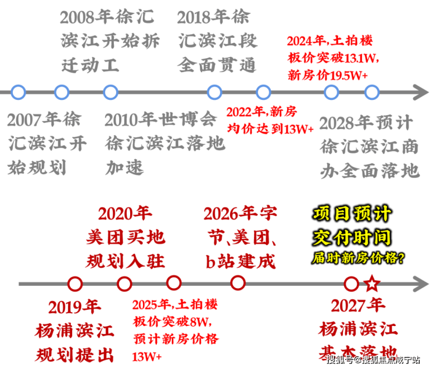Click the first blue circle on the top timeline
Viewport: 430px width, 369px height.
(x=19, y=92)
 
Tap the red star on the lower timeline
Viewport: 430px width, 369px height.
(x=372, y=284)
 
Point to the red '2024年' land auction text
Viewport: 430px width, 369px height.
(x=305, y=42)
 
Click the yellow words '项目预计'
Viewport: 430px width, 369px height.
(x=352, y=213)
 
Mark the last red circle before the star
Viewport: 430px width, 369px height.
(x=352, y=284)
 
